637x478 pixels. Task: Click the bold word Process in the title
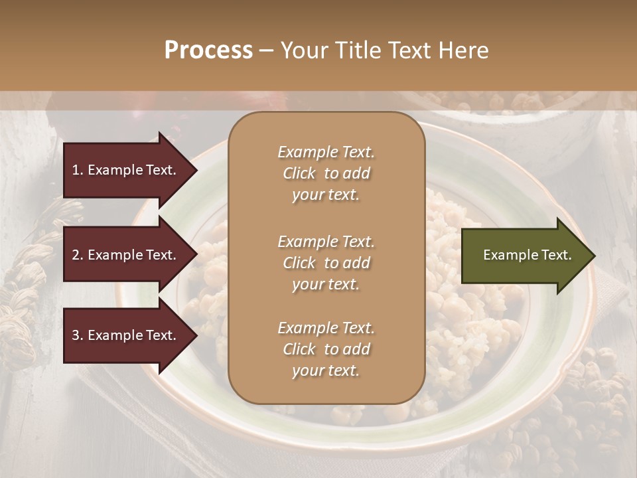pyautogui.click(x=208, y=50)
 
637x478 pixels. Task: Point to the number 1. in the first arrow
pyautogui.click(x=78, y=170)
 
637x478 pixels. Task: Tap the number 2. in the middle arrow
pyautogui.click(x=78, y=255)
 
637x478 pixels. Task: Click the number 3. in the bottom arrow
pyautogui.click(x=78, y=335)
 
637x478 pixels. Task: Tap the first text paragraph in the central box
pyautogui.click(x=326, y=173)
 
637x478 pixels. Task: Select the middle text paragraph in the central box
pyautogui.click(x=326, y=263)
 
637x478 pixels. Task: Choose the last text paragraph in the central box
pyautogui.click(x=326, y=349)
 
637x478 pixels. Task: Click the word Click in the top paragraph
pyautogui.click(x=299, y=173)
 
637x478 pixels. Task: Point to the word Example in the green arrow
pyautogui.click(x=506, y=255)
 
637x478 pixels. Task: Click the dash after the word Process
pyautogui.click(x=266, y=50)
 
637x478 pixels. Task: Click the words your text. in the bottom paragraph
pyautogui.click(x=326, y=371)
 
